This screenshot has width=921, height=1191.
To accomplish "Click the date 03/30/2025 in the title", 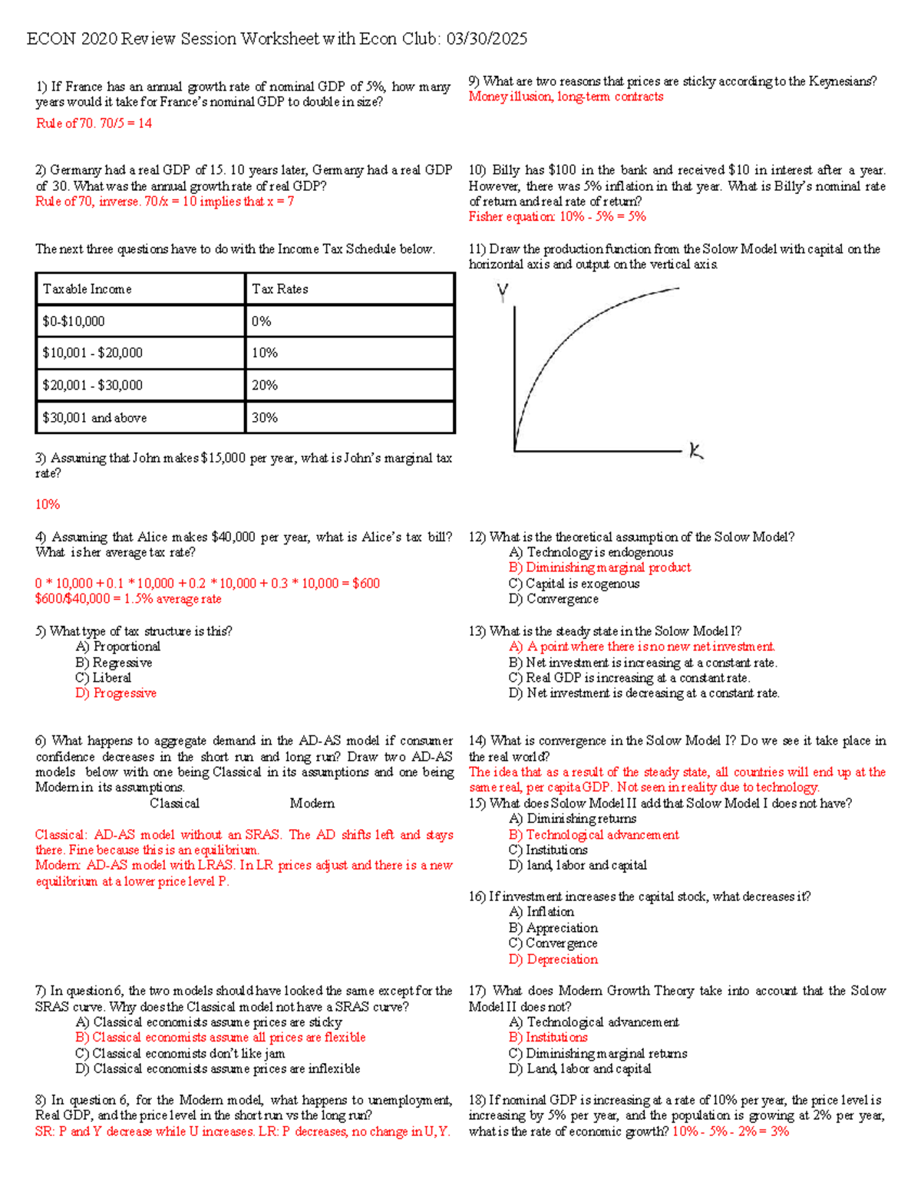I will pos(487,39).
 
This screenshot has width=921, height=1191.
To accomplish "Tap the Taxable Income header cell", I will pos(87,289).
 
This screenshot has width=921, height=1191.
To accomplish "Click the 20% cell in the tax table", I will pos(265,385).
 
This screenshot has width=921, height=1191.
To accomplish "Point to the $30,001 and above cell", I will pos(94,418).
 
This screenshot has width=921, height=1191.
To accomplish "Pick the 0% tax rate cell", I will pos(262,321).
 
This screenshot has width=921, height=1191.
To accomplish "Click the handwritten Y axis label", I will pos(503,291).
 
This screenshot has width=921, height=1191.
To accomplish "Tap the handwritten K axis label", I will pos(696,452).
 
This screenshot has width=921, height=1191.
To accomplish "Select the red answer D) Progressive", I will pos(116,693).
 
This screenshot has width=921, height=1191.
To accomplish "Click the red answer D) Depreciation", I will pos(553,959).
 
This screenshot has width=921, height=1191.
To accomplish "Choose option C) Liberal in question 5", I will pos(104,678).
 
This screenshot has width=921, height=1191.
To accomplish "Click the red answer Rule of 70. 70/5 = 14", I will pos(94,123).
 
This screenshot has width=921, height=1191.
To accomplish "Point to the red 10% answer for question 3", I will pos(48,505).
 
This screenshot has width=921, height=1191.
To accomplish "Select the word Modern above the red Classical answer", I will pos(312,804).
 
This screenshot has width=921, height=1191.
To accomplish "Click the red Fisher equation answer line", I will pos(557,217).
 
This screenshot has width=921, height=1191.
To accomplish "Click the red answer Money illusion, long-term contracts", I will pos(566,97).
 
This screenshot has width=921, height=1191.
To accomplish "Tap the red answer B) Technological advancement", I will pos(594,835).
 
